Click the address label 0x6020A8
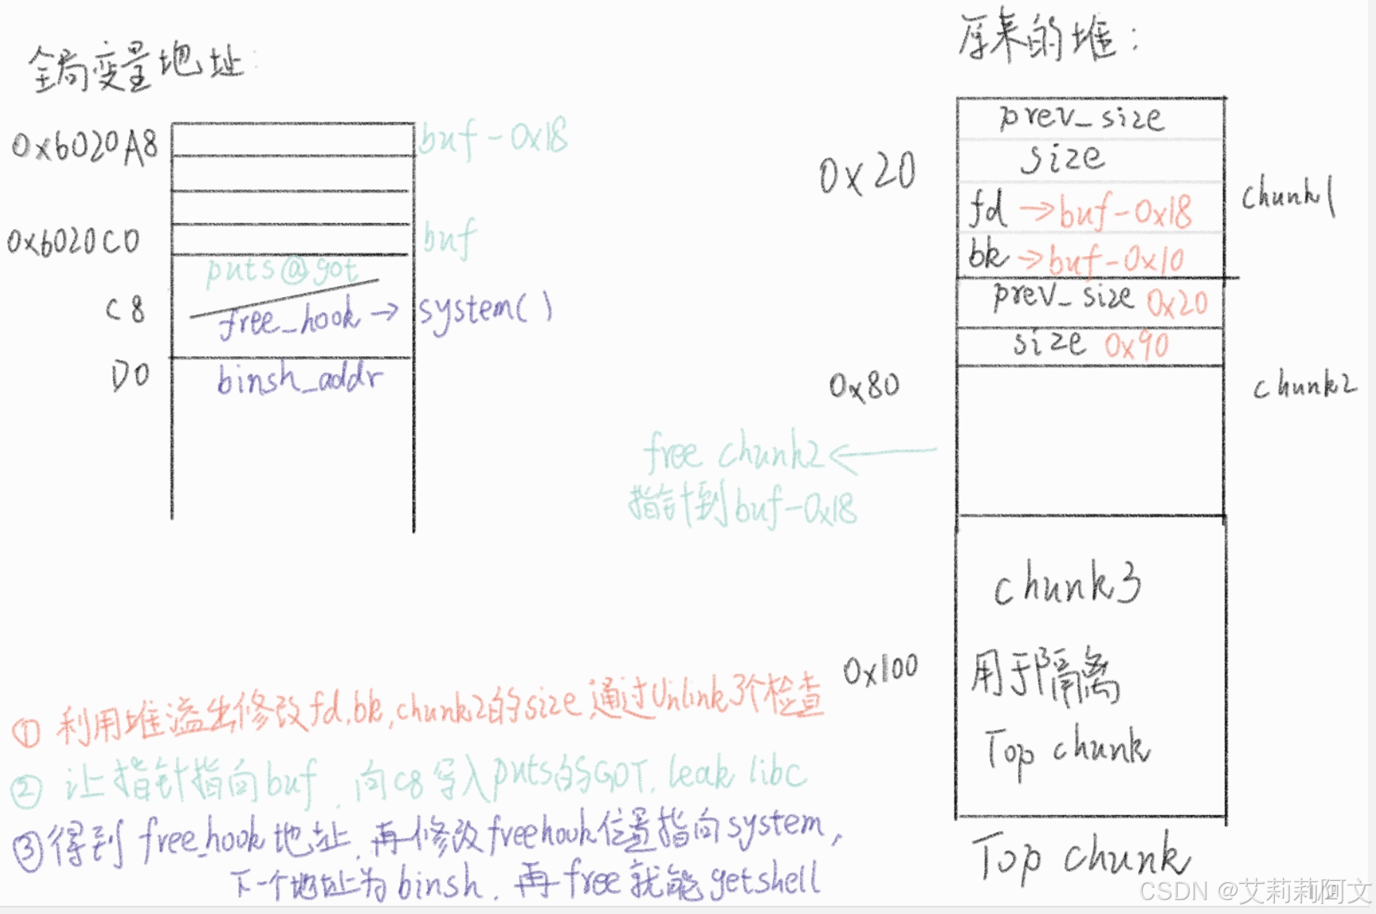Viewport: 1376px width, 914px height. [85, 145]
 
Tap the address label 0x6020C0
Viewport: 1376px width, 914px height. [74, 242]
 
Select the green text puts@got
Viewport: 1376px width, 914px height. [281, 270]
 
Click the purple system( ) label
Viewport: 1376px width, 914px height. [485, 310]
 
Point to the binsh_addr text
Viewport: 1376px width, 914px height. [300, 379]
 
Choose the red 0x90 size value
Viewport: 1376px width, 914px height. [1136, 346]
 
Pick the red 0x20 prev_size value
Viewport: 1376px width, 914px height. [1177, 303]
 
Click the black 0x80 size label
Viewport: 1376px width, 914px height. [864, 385]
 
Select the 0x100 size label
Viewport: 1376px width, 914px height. [880, 670]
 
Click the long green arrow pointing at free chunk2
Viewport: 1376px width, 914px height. [884, 453]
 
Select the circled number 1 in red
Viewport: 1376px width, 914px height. [27, 732]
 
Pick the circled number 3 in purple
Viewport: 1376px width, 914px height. [28, 852]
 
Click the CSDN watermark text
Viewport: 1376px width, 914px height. [1255, 891]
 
